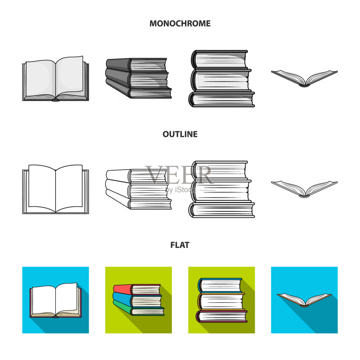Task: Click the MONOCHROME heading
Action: coord(180,23)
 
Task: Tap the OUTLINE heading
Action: coord(180,134)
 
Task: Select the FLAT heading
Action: coord(180,245)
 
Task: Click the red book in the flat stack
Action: coord(137,289)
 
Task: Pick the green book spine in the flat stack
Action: coord(122,306)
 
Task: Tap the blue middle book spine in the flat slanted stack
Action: coord(122,298)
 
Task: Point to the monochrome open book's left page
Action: coord(40,78)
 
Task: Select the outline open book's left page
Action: coord(42,188)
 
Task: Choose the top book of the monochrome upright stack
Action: coord(220,59)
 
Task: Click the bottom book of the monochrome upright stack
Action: coord(221,99)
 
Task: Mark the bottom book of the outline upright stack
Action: coord(221,210)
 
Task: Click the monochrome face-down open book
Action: coord(304,78)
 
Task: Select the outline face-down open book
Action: coord(304,189)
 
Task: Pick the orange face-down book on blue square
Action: coord(304,300)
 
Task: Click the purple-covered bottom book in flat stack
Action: coord(221,316)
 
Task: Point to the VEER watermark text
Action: coord(180,175)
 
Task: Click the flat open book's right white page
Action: coord(66,298)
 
